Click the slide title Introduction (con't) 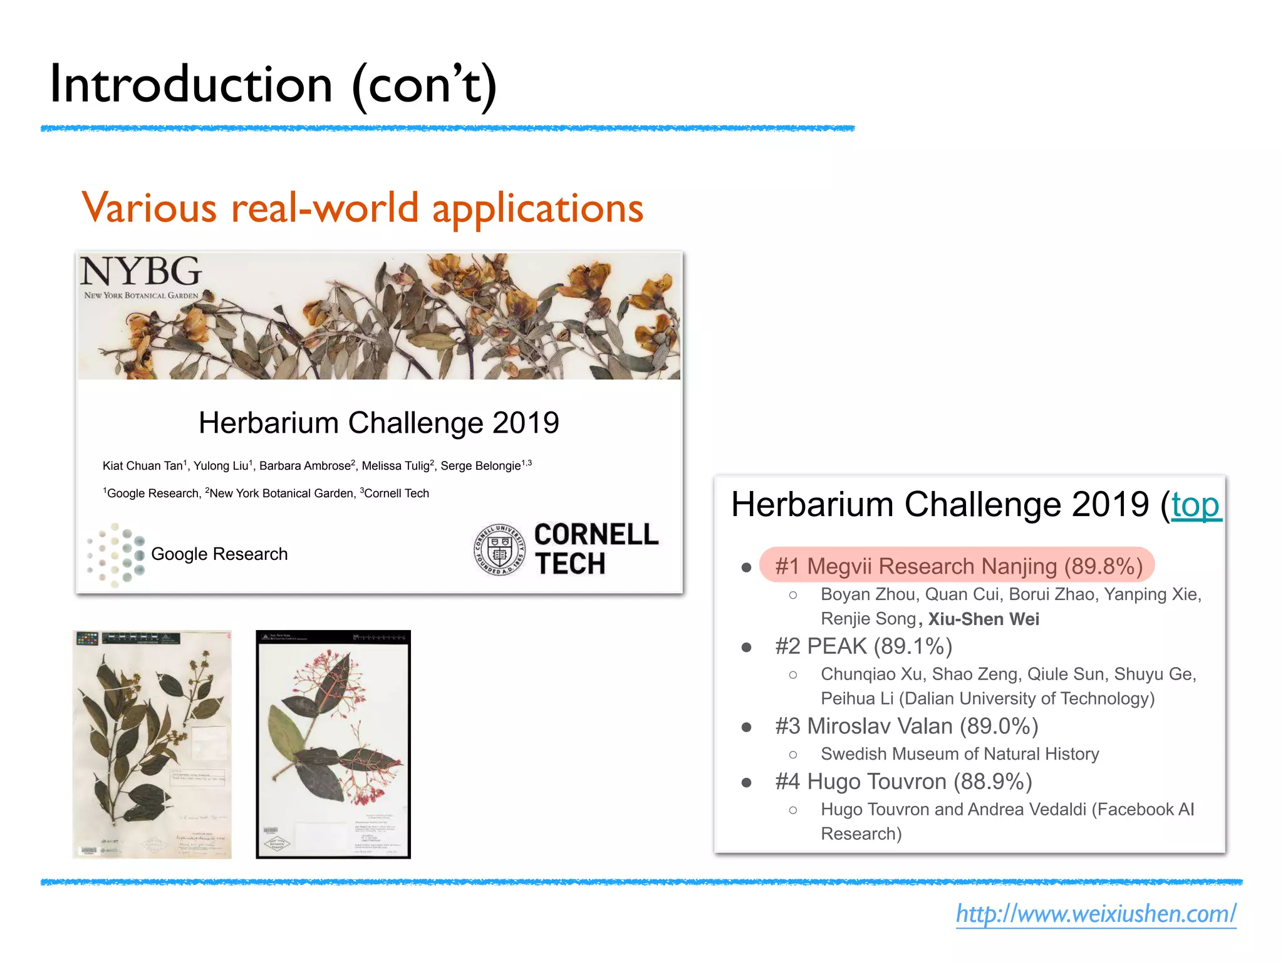pyautogui.click(x=273, y=85)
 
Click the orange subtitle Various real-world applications pyautogui.click(x=362, y=208)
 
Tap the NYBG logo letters pyautogui.click(x=141, y=272)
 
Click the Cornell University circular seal pyautogui.click(x=499, y=549)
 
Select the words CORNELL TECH pyautogui.click(x=595, y=549)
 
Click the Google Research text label pyautogui.click(x=219, y=554)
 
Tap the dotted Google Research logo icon pyautogui.click(x=116, y=554)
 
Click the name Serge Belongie pyautogui.click(x=480, y=466)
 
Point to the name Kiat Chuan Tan pyautogui.click(x=142, y=466)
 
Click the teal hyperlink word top pyautogui.click(x=1195, y=505)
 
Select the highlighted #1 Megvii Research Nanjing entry pyautogui.click(x=957, y=566)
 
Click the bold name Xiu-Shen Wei pyautogui.click(x=984, y=619)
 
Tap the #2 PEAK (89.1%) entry pyautogui.click(x=863, y=646)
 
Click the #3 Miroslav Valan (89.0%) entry pyautogui.click(x=906, y=727)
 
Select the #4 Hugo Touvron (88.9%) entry pyautogui.click(x=903, y=782)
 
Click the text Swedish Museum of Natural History pyautogui.click(x=960, y=754)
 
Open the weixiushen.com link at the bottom pyautogui.click(x=1096, y=914)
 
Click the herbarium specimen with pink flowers pyautogui.click(x=333, y=744)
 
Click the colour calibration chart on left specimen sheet pyautogui.click(x=87, y=638)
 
